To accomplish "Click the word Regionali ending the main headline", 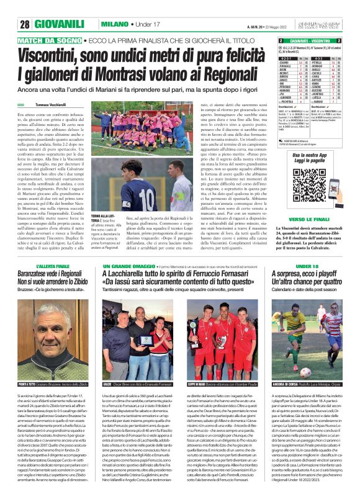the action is [227, 73].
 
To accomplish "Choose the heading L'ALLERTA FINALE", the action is [56, 266].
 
